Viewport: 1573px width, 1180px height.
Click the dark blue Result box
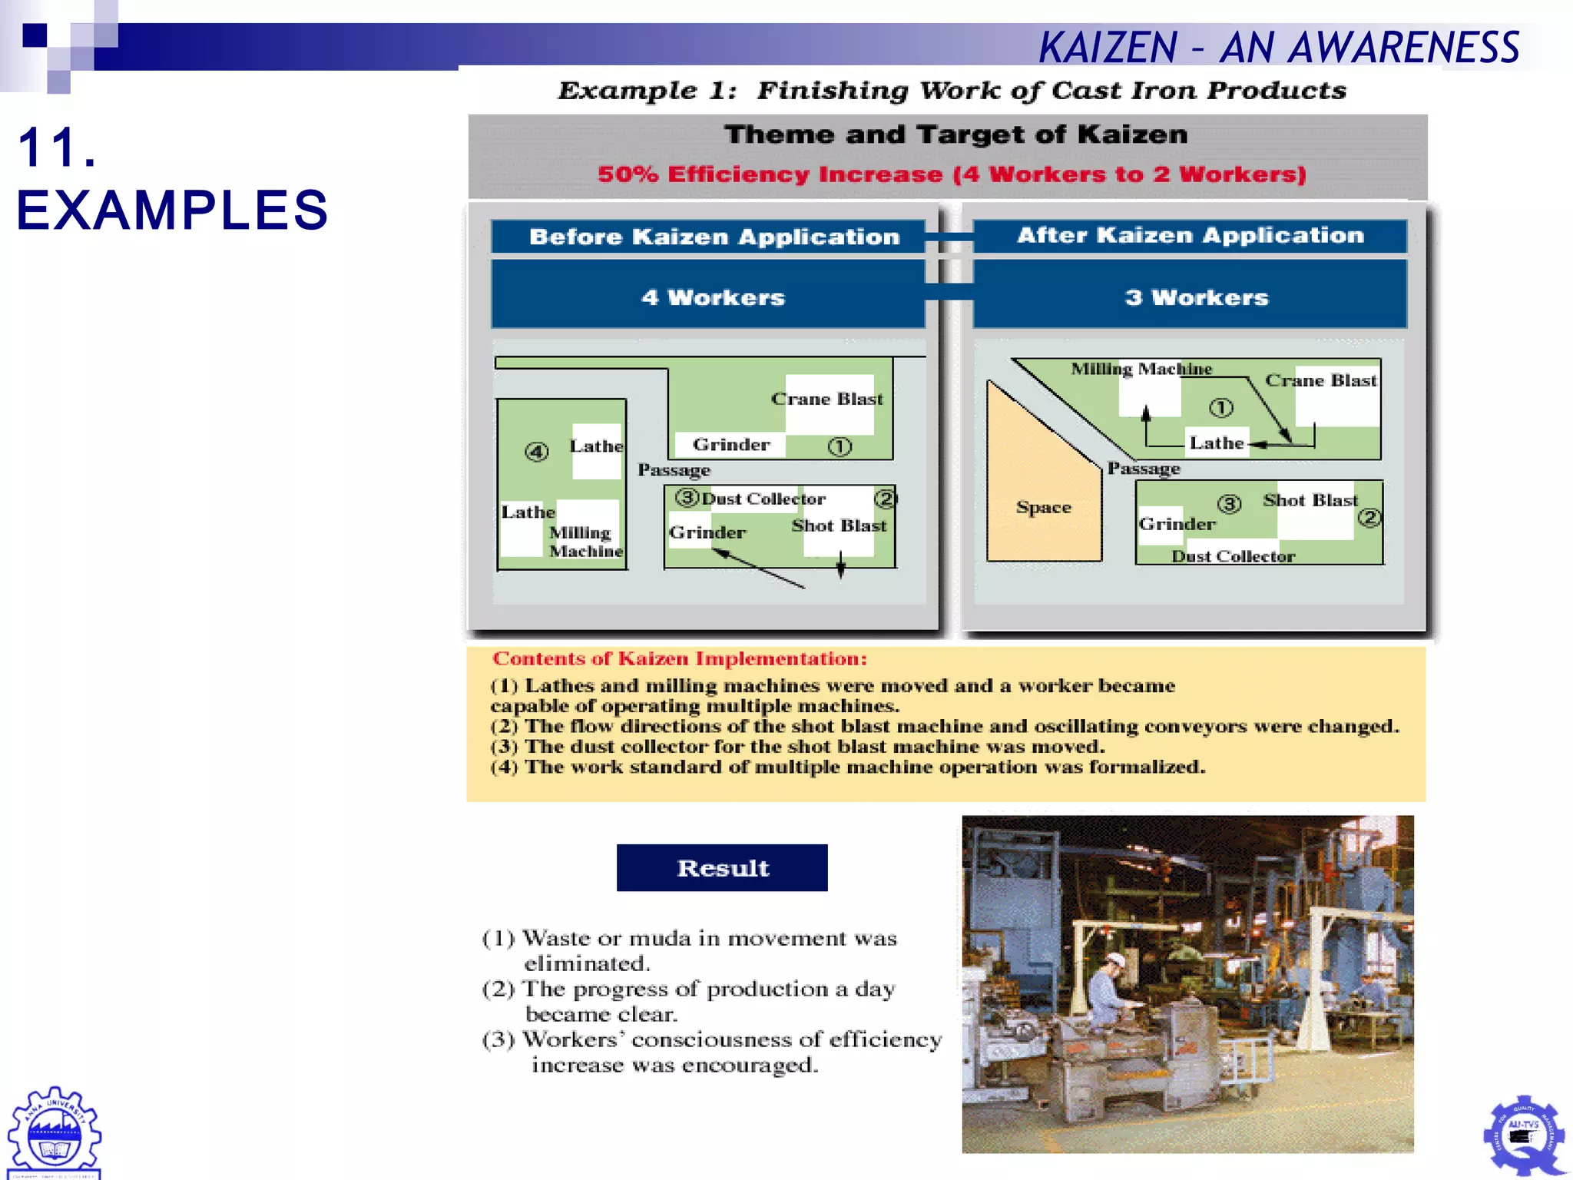[x=722, y=867]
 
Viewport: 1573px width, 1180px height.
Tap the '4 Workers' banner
[x=713, y=297]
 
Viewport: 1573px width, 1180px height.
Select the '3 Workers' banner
[x=1196, y=297]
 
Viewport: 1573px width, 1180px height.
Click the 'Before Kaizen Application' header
[x=714, y=237]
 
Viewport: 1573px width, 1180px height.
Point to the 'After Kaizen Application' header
[x=1190, y=235]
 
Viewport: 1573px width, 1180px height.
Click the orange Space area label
[x=1043, y=507]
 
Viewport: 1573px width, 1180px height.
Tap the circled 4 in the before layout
[x=537, y=452]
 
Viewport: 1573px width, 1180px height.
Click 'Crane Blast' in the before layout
[x=827, y=399]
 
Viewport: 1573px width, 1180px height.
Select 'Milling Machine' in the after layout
[x=1141, y=370]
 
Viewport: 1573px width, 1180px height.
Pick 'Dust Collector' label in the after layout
[x=1233, y=556]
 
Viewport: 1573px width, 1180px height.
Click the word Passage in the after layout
[x=1144, y=469]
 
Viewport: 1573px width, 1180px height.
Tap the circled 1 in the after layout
[x=1221, y=407]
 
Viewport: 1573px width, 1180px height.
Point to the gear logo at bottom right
[x=1524, y=1135]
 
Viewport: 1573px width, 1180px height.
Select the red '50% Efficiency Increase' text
[x=952, y=174]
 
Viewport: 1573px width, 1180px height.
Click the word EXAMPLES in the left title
[x=173, y=210]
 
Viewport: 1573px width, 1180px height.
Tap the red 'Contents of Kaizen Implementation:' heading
[x=680, y=658]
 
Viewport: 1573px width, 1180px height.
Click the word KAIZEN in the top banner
[x=1108, y=48]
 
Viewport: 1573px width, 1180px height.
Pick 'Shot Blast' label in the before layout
[x=839, y=525]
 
